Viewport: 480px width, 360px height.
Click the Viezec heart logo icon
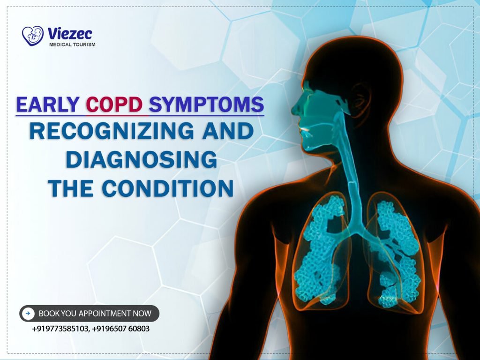32,36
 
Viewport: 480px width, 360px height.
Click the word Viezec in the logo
70,33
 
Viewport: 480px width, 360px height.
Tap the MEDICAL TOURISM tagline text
72,45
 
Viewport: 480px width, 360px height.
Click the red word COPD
114,105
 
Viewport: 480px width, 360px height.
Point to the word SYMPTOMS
206,105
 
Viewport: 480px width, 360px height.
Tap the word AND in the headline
228,132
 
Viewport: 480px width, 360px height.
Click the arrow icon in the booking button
29,313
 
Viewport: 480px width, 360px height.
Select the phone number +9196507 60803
121,329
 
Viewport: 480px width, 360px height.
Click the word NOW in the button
143,313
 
